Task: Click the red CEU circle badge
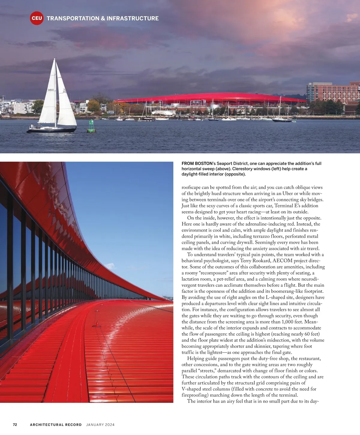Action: coord(37,18)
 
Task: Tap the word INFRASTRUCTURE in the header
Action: coord(133,18)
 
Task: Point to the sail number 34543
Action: coord(51,90)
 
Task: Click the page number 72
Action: coord(15,424)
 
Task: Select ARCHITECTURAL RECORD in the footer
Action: coord(56,424)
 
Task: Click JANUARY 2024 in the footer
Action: coord(100,424)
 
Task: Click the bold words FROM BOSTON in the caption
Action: coord(196,163)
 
